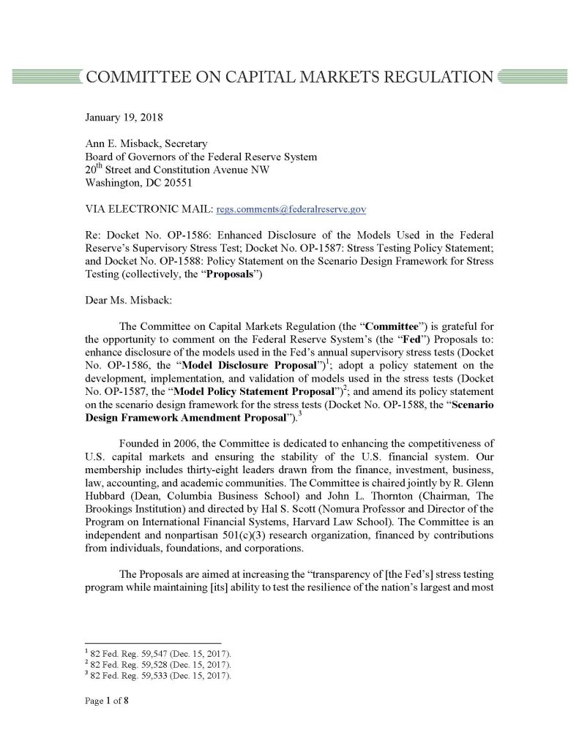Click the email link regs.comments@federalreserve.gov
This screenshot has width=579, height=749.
pos(291,209)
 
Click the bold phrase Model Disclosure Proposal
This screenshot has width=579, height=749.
pos(211,364)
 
